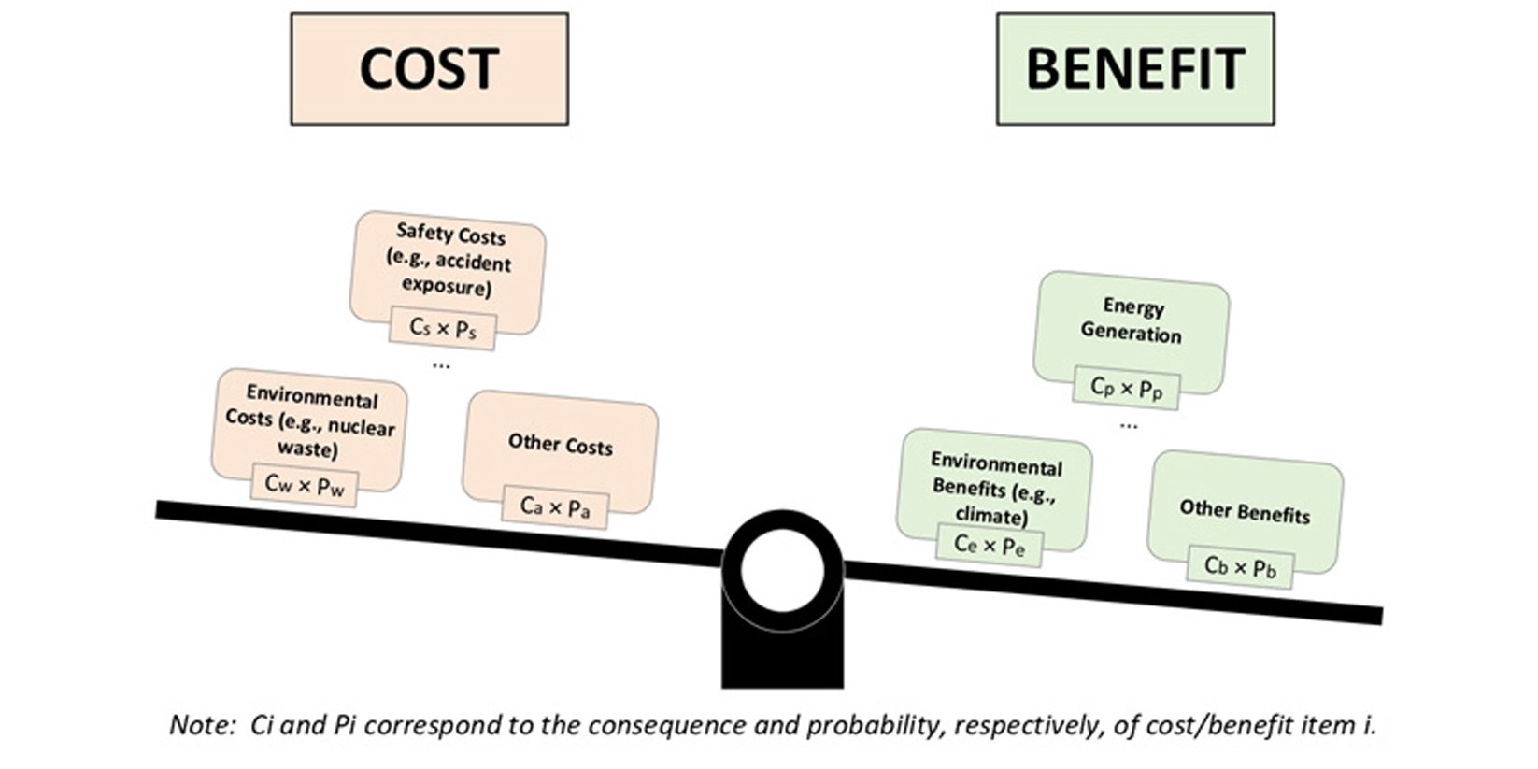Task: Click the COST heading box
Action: (429, 69)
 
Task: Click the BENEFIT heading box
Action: (1134, 69)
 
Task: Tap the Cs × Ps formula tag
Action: (443, 328)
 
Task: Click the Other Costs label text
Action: (561, 444)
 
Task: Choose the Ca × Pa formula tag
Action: (555, 506)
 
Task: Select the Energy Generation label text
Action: (1132, 320)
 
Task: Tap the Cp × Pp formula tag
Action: (1126, 388)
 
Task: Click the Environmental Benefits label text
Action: (995, 489)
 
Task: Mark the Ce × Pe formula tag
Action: (989, 545)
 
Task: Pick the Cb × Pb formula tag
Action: (1240, 567)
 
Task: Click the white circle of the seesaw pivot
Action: (782, 570)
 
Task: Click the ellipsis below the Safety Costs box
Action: (441, 365)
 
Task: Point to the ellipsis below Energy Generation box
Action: (1129, 426)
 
